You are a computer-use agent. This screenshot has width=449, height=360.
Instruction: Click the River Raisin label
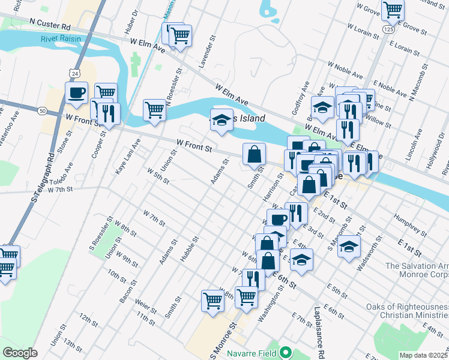(61, 40)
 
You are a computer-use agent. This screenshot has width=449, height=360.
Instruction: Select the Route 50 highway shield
(41, 111)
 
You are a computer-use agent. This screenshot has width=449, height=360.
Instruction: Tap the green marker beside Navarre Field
(286, 352)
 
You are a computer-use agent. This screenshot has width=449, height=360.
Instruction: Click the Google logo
(19, 352)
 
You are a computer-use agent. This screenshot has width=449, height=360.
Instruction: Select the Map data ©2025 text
(424, 355)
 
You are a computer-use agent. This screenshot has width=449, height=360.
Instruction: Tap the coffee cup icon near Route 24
(77, 92)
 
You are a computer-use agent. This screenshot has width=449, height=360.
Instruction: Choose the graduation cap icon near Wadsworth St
(349, 246)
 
